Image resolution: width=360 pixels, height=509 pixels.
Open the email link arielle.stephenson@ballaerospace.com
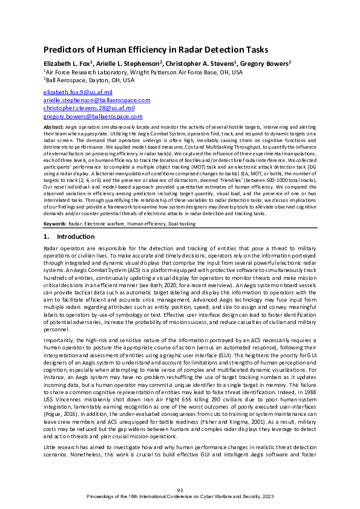(97, 100)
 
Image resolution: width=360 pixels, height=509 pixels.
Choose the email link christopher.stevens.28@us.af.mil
(89, 108)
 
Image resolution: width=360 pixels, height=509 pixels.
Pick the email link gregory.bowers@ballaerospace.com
(93, 115)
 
